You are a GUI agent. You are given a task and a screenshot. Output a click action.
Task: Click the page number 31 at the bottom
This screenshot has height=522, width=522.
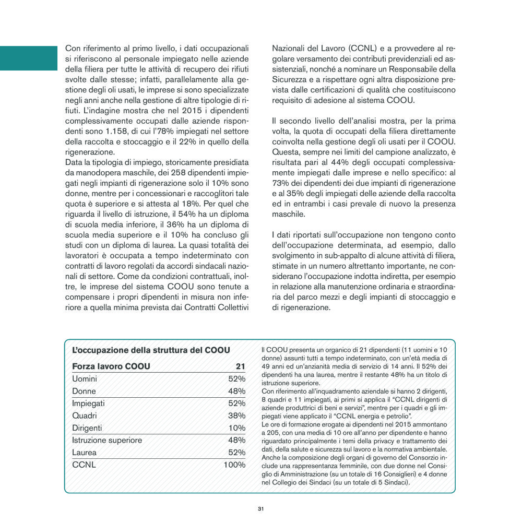click(x=260, y=508)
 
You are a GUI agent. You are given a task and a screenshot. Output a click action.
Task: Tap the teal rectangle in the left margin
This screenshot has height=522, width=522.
click(x=28, y=58)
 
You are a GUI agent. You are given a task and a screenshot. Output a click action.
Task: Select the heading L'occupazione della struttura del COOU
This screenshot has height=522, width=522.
click(x=151, y=350)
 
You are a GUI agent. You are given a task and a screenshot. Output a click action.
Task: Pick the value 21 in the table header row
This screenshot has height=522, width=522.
click(x=240, y=366)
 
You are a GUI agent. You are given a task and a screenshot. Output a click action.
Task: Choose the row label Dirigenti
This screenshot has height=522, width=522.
click(x=87, y=428)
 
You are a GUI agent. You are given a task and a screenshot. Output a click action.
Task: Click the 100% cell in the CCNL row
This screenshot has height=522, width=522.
click(x=234, y=465)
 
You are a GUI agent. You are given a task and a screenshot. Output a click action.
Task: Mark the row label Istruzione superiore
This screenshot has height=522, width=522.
click(x=107, y=440)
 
